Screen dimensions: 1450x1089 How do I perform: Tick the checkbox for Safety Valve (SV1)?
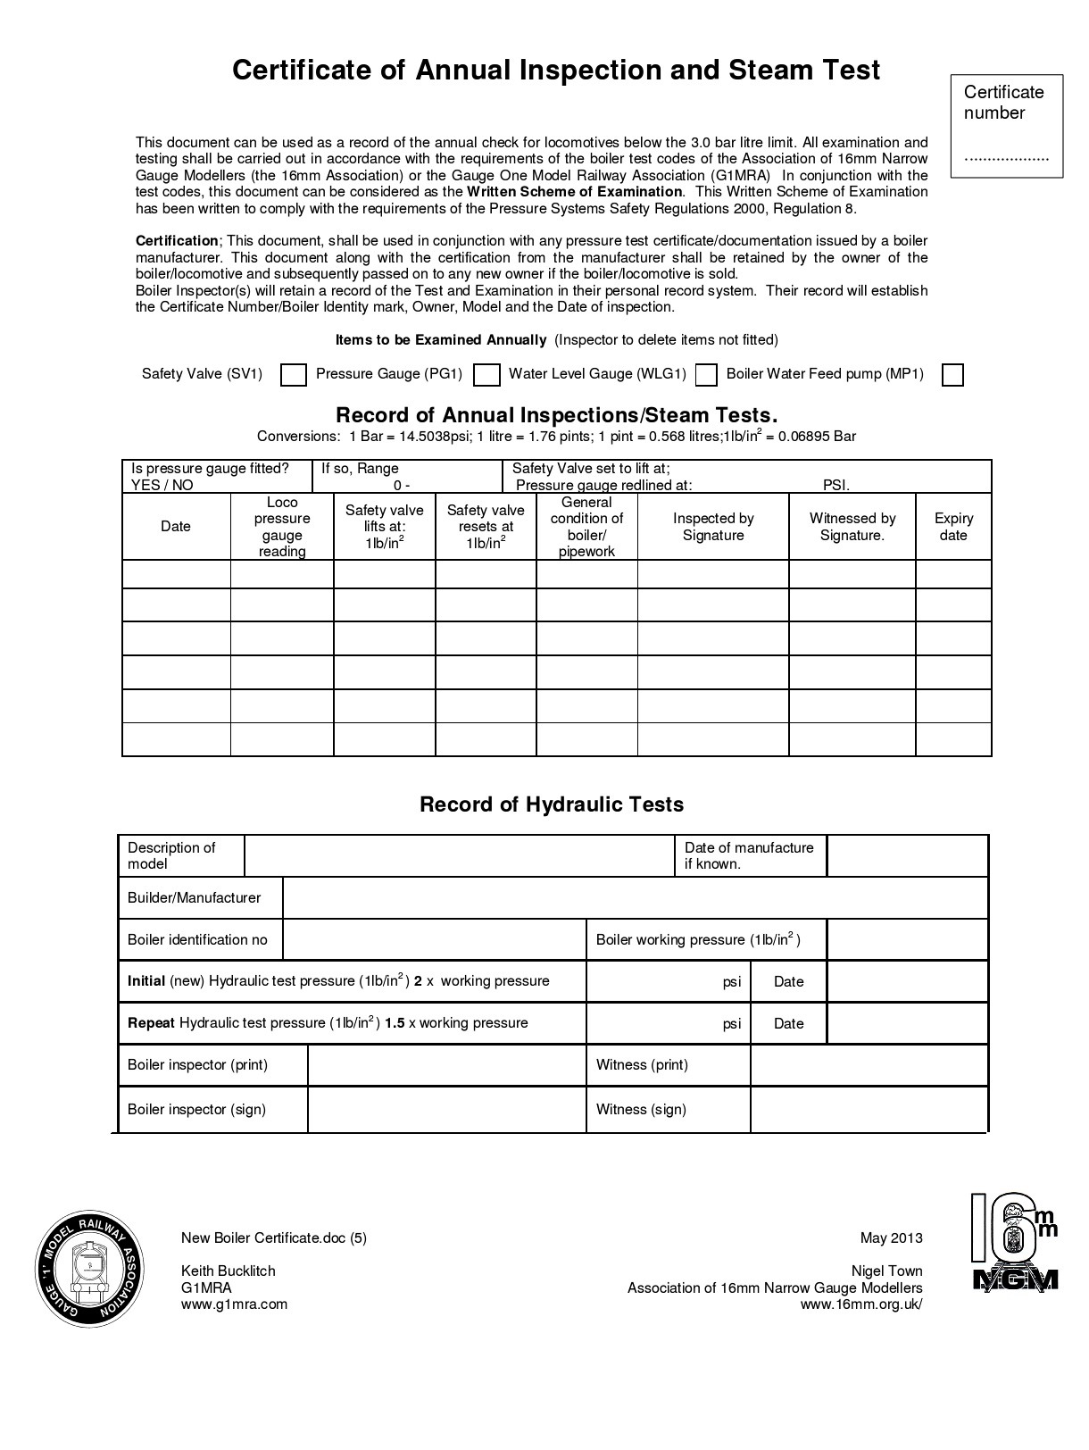pos(294,375)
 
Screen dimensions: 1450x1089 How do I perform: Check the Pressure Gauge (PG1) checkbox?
pos(486,375)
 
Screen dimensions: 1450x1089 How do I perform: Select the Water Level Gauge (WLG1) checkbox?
pos(706,375)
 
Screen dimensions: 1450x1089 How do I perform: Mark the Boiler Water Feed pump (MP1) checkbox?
pos(953,375)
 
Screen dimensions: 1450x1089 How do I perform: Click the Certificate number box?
pos(1006,126)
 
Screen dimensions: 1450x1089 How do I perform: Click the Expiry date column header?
pos(953,527)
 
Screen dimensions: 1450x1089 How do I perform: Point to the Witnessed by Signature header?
pos(852,527)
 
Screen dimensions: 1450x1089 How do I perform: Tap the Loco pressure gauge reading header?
pos(282,527)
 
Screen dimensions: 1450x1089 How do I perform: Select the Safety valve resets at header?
pos(486,527)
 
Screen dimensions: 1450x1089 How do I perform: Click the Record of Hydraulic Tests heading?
pos(552,804)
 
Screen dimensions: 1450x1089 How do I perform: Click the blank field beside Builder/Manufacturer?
pos(635,898)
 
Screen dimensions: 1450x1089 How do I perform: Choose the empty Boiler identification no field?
pos(434,940)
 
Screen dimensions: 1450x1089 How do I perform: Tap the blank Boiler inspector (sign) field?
pos(446,1110)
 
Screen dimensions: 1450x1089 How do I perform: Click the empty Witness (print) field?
pos(869,1065)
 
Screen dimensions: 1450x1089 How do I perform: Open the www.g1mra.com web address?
pos(234,1304)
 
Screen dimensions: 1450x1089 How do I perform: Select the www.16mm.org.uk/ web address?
pos(861,1304)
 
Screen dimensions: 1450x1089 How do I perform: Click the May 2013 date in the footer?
pos(891,1238)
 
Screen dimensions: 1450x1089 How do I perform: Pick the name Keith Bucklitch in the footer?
pos(229,1271)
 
